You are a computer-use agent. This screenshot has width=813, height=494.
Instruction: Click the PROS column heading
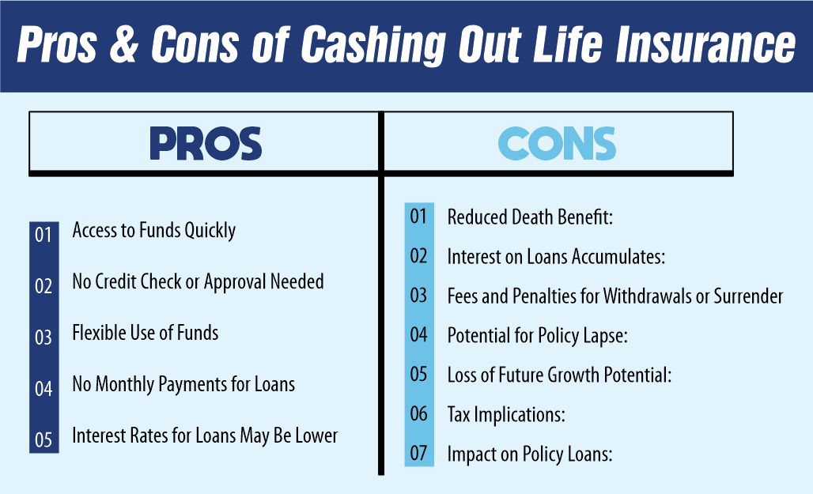(206, 144)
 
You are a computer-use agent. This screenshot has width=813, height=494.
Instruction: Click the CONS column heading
(557, 144)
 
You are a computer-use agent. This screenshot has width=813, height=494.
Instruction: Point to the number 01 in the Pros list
(43, 235)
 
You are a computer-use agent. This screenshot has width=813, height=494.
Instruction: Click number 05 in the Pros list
(43, 439)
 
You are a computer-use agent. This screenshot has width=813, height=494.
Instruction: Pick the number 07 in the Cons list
(418, 454)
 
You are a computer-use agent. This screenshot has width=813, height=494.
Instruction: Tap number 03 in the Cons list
(418, 296)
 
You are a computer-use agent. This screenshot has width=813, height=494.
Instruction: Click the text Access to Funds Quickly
(153, 231)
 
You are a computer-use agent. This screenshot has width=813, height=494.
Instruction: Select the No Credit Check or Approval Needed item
(198, 281)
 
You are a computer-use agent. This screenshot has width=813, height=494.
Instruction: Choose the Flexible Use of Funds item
(145, 333)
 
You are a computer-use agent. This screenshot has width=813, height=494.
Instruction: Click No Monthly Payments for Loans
(183, 385)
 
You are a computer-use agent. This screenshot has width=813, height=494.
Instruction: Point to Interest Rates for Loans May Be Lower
(205, 436)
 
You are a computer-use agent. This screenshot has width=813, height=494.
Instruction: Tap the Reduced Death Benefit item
(530, 217)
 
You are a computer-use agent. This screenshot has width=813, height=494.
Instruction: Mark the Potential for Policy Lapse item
(537, 336)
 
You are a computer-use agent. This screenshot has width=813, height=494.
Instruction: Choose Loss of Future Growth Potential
(559, 375)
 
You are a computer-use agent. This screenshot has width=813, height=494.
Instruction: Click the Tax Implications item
(506, 414)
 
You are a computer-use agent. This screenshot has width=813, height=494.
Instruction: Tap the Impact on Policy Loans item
(530, 454)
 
